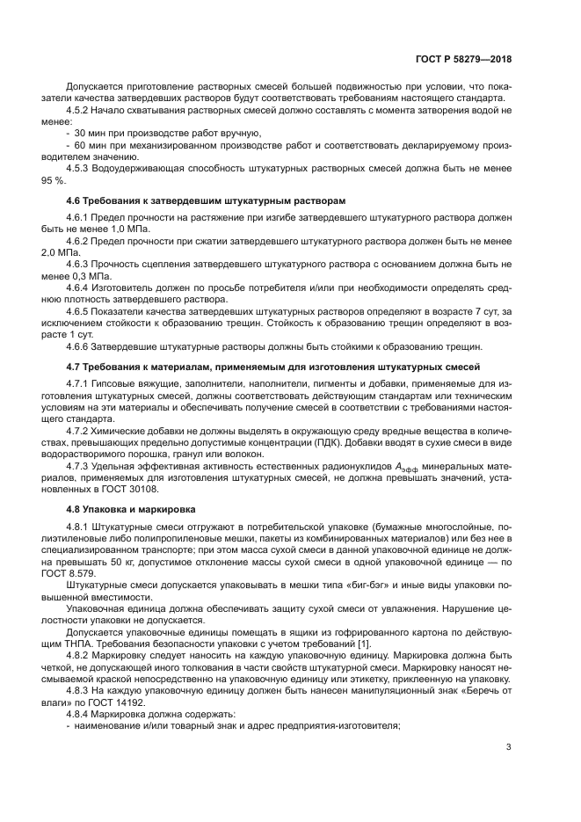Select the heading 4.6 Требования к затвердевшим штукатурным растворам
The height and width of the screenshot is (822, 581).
tap(206, 201)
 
